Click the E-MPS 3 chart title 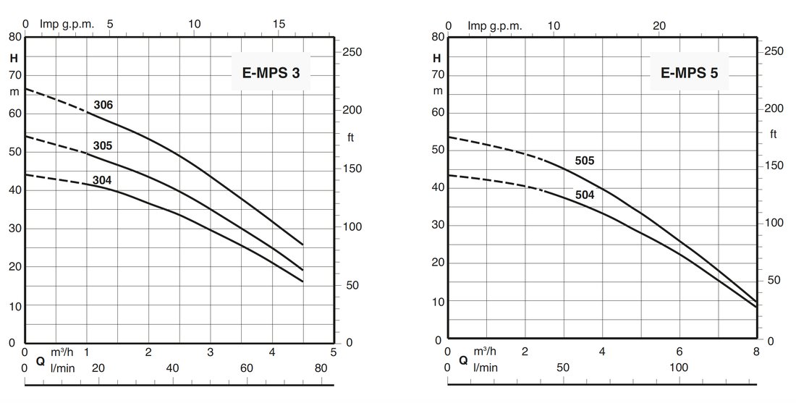[x=271, y=72]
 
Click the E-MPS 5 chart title [x=689, y=72]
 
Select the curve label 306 [x=103, y=106]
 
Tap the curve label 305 [x=103, y=145]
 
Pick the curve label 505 [x=585, y=161]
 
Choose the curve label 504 [x=585, y=195]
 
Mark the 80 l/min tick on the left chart [x=321, y=368]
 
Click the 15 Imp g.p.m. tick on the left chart [x=279, y=24]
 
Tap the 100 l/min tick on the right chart [x=678, y=368]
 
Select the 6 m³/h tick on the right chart [x=679, y=352]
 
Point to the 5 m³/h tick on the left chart [x=334, y=352]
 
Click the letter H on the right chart [x=436, y=58]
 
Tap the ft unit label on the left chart [x=350, y=137]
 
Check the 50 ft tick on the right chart [x=774, y=280]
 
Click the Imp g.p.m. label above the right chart [x=495, y=26]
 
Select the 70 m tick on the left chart [x=14, y=75]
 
